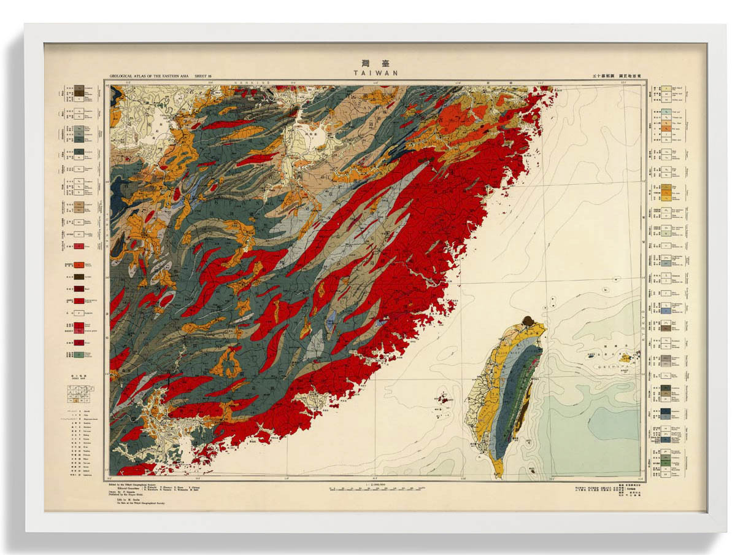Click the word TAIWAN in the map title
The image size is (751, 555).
click(x=375, y=72)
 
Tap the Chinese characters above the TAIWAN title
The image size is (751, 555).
click(x=375, y=63)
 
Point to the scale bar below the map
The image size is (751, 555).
click(x=375, y=490)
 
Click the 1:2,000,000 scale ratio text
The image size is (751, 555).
click(x=375, y=484)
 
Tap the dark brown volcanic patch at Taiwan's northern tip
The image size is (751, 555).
click(x=527, y=320)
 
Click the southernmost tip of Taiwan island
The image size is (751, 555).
click(x=499, y=475)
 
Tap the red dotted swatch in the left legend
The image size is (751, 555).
click(x=79, y=246)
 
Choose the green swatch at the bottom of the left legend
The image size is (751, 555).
click(x=79, y=354)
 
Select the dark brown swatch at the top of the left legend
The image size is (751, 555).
click(x=79, y=90)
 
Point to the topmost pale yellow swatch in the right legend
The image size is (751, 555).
click(x=666, y=90)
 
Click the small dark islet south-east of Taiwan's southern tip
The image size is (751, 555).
click(x=531, y=470)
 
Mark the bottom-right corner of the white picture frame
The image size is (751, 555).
click(x=726, y=532)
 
